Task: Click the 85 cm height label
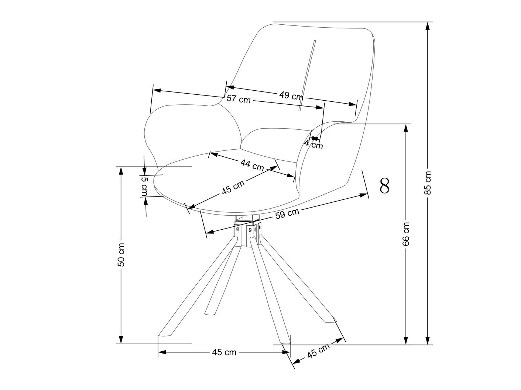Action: tap(428, 182)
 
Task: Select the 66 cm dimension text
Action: tap(406, 234)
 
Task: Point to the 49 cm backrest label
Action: tap(291, 96)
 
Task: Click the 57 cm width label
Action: tap(238, 99)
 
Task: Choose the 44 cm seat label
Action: tap(252, 164)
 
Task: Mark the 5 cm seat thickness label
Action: tap(144, 186)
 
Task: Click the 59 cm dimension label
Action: tap(287, 213)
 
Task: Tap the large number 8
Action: tap(384, 186)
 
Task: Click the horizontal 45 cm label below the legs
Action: tap(224, 352)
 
